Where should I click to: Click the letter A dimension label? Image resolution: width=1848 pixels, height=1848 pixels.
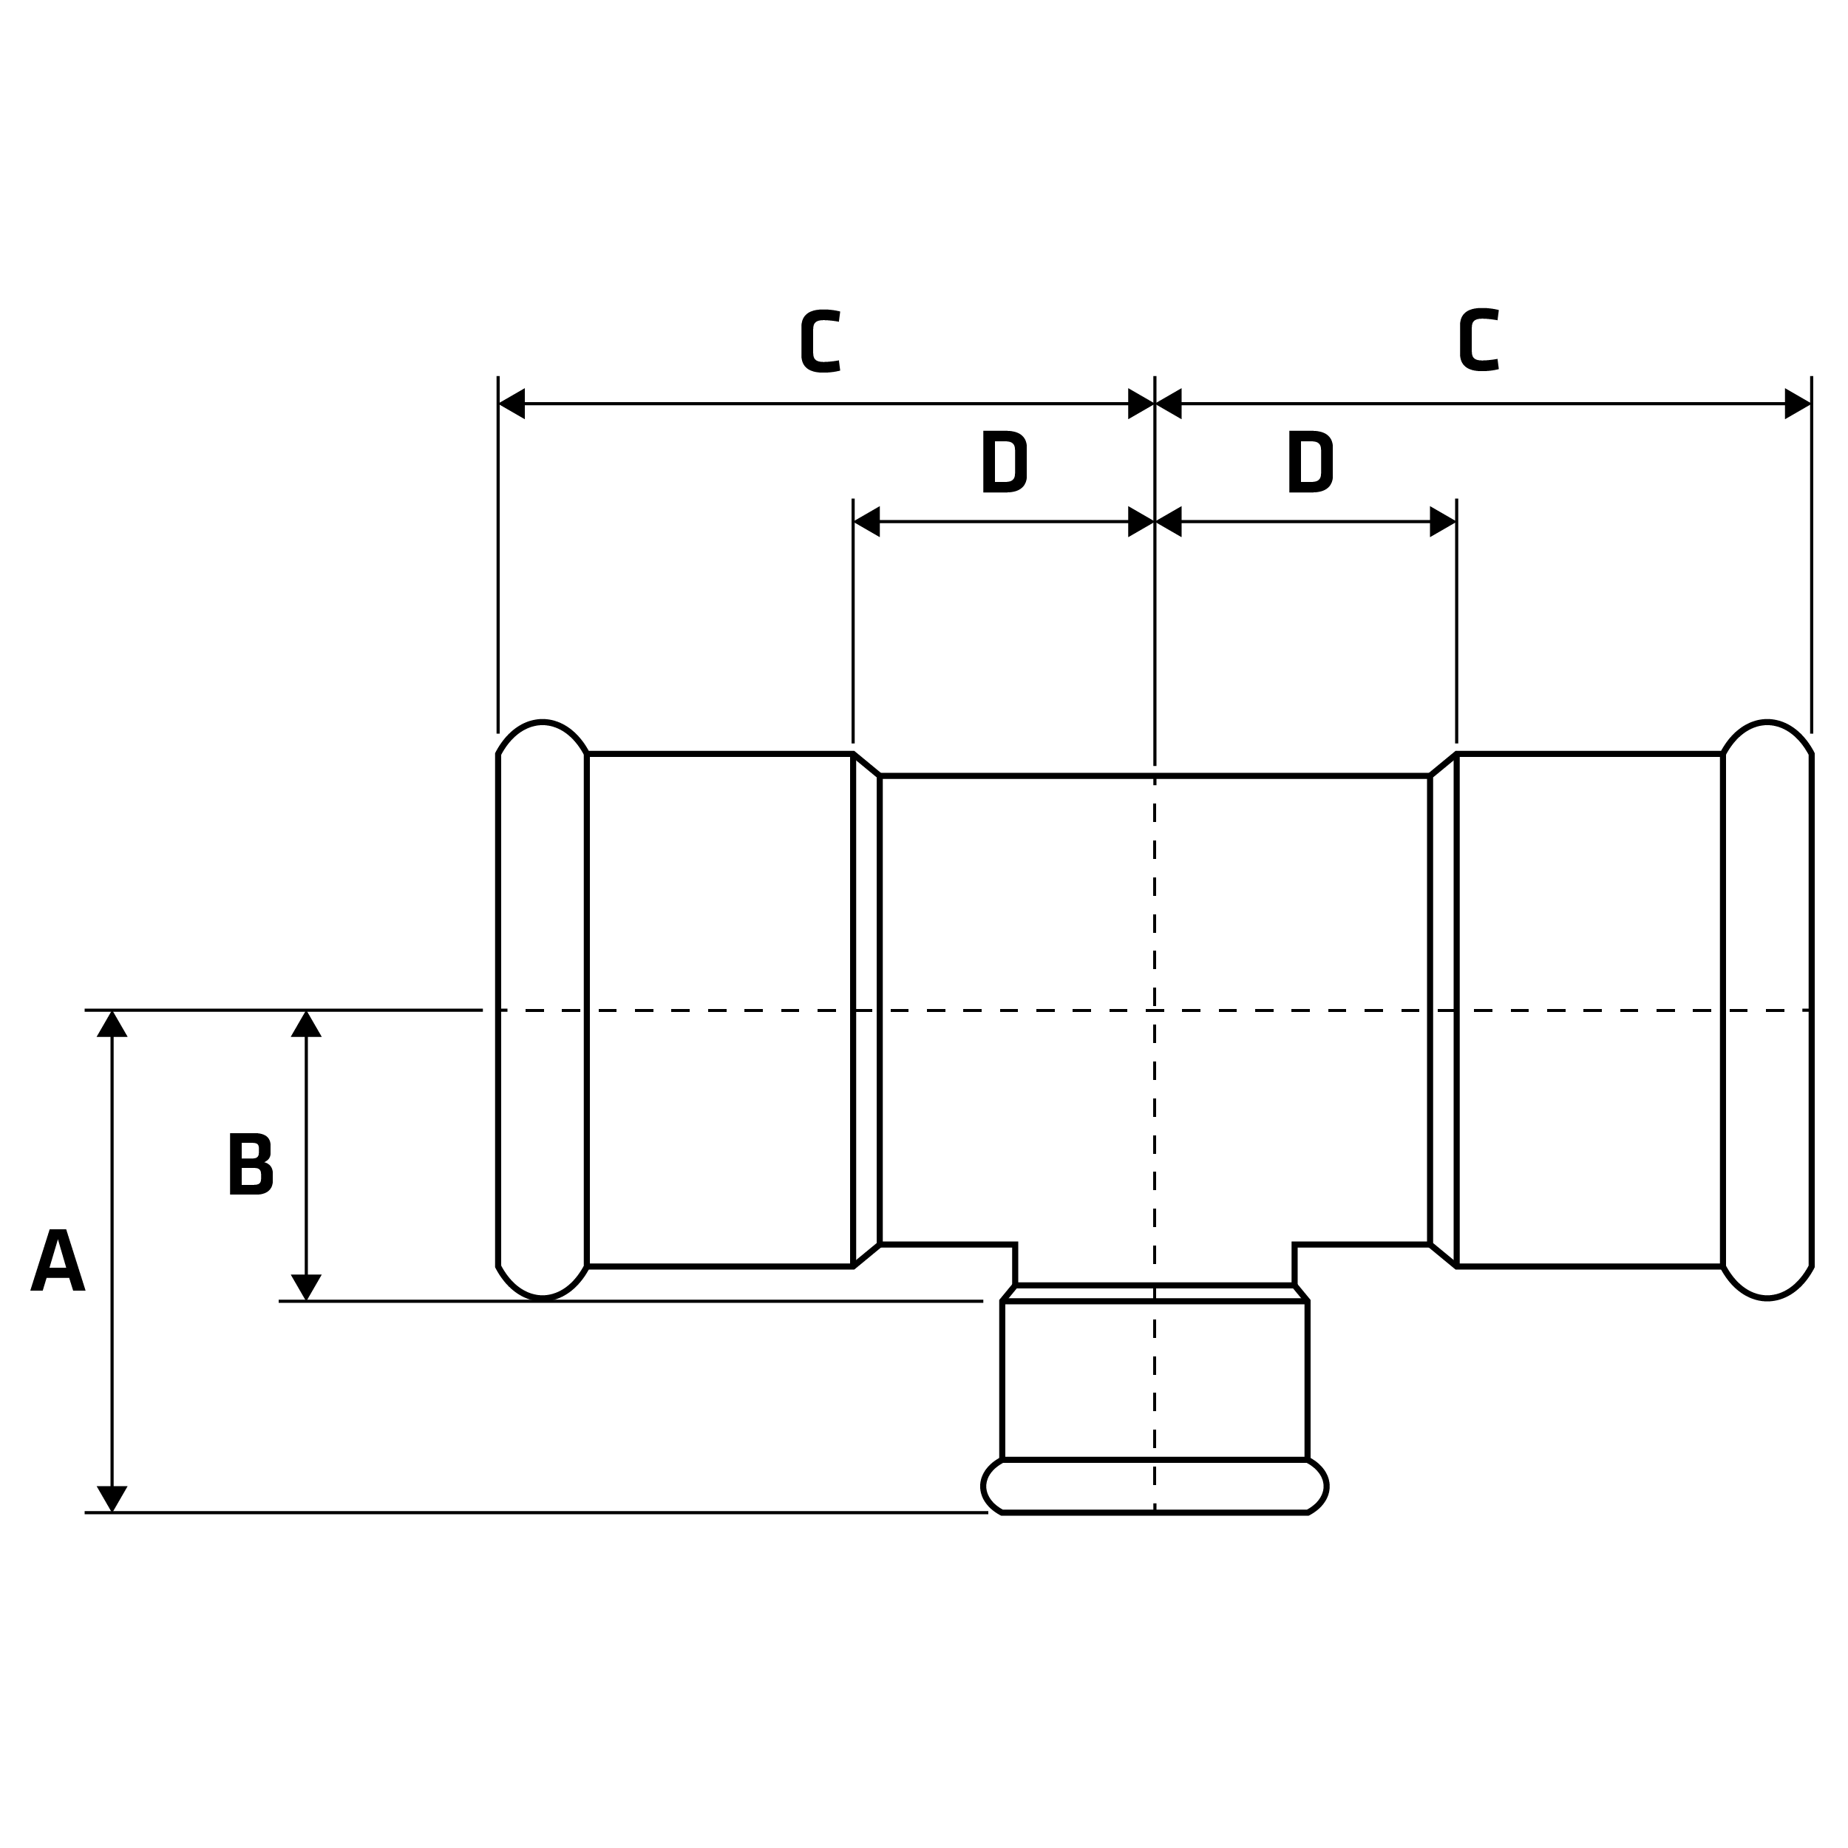[58, 1260]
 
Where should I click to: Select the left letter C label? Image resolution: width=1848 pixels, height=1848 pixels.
[821, 341]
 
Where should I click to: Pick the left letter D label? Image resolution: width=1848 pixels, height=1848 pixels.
[1003, 462]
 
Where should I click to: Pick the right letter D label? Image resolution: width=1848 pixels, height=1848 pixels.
[1309, 462]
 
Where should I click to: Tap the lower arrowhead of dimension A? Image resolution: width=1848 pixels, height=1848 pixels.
[112, 1498]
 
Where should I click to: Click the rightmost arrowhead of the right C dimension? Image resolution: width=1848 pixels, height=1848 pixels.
[1797, 404]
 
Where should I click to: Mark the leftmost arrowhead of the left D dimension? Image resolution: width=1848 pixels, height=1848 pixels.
[866, 521]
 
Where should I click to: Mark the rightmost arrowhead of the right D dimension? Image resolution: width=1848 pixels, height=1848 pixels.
[1442, 521]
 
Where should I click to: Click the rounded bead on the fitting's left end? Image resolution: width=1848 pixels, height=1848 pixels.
[543, 1010]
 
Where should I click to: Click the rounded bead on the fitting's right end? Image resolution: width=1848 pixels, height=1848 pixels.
[1767, 1010]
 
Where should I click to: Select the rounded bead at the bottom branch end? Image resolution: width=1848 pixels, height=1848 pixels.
[1155, 1487]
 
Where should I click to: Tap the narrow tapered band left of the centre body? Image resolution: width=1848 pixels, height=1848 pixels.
[866, 1010]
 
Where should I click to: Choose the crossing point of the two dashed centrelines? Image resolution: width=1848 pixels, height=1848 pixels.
[1155, 1010]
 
